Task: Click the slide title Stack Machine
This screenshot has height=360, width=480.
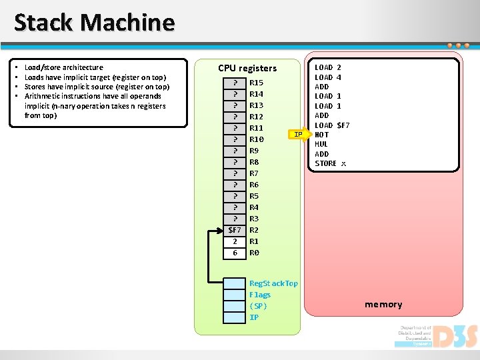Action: click(x=94, y=23)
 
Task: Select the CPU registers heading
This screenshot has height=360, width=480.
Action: click(x=247, y=68)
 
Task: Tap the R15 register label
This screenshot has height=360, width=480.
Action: click(x=256, y=83)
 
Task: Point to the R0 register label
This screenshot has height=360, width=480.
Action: click(x=254, y=253)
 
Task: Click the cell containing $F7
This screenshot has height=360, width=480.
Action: click(x=235, y=230)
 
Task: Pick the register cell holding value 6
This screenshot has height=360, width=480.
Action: click(x=235, y=253)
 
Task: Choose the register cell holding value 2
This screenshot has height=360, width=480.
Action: click(x=235, y=241)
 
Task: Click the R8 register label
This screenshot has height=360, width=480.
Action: click(x=254, y=162)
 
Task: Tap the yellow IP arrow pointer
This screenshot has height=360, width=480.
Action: click(x=299, y=135)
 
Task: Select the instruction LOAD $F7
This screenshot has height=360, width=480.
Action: click(x=332, y=125)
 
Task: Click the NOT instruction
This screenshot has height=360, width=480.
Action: click(x=321, y=135)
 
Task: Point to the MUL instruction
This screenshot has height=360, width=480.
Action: click(x=321, y=144)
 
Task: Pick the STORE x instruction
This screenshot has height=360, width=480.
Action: click(x=330, y=163)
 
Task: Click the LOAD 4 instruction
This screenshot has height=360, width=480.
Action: click(x=328, y=77)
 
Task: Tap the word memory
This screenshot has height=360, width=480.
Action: click(x=383, y=305)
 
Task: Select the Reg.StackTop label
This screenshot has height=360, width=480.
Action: click(x=273, y=283)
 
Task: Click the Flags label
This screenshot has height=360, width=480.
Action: click(x=260, y=295)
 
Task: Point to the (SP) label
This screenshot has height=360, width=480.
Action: click(x=258, y=306)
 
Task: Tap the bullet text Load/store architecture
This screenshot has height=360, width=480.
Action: click(x=64, y=67)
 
